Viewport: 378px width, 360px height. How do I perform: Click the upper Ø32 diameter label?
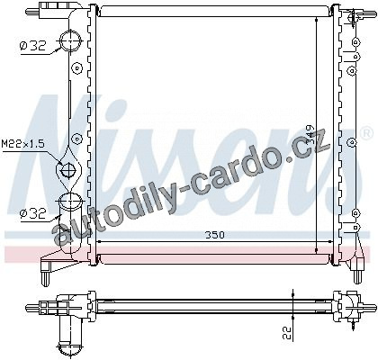click(33, 46)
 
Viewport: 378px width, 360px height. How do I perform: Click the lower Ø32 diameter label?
click(33, 213)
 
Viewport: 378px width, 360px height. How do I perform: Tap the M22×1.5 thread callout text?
click(23, 143)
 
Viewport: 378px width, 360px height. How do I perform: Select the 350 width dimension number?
click(214, 235)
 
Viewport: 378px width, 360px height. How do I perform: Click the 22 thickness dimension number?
click(287, 333)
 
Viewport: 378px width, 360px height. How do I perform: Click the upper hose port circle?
click(71, 40)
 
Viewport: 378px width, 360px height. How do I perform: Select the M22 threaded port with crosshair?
click(68, 171)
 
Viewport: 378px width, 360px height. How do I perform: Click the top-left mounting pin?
click(31, 12)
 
